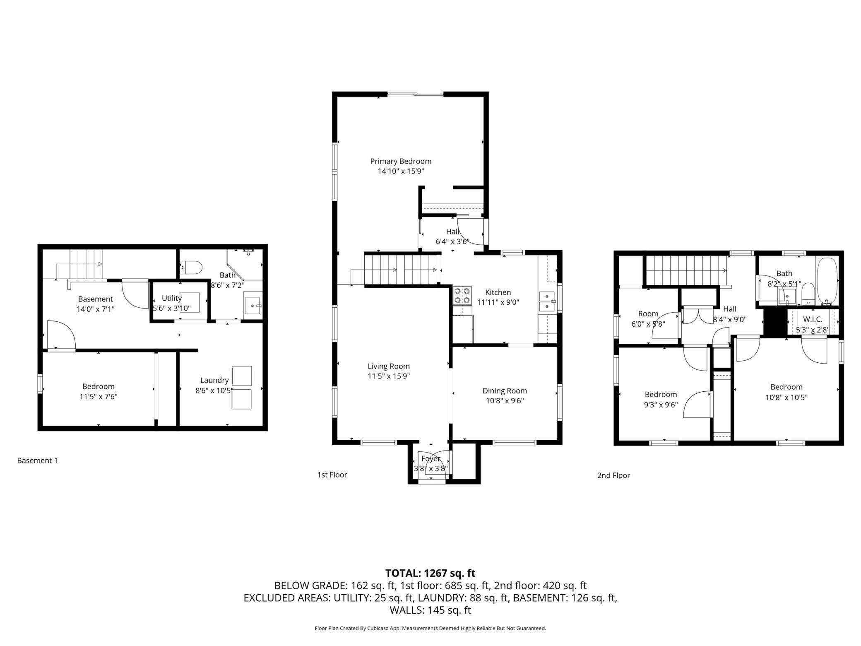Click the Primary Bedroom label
coord(400,161)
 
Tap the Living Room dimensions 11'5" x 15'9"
coord(389,376)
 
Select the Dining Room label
coord(505,390)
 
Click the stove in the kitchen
coord(462,296)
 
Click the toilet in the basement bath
coord(191,267)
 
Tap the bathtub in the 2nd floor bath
coord(827,281)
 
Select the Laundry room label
coord(214,380)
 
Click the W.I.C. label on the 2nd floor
coord(813,320)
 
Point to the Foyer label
coord(430,459)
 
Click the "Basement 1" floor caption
coord(37,460)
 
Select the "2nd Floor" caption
coord(613,475)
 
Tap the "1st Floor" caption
coord(332,475)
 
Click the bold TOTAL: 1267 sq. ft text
coord(430,573)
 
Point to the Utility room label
coord(171,298)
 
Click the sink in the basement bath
coord(253,306)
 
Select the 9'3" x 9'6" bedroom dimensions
coord(661,405)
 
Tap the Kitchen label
coord(498,292)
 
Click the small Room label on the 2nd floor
coord(648,314)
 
